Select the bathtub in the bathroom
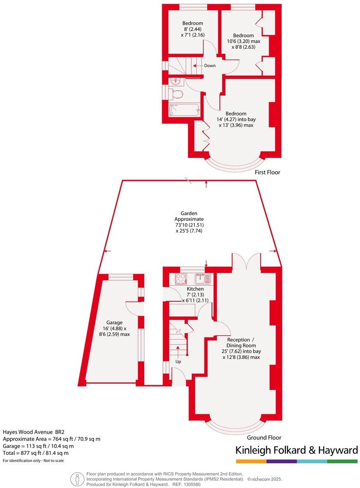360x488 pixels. pos(184,110)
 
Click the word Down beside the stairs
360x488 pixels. pos(209,66)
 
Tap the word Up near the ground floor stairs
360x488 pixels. pos(178,361)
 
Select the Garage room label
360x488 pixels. pos(114,322)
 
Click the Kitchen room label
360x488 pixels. pos(195,289)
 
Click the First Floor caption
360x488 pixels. pos(267,172)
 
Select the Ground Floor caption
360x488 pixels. pos(264,438)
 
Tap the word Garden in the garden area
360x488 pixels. pos(189,213)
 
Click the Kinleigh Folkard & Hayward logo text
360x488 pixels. pos(296,450)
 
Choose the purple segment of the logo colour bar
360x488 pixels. pos(281,461)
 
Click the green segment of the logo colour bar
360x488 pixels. pos(342,461)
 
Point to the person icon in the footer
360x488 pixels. pos(77,479)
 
